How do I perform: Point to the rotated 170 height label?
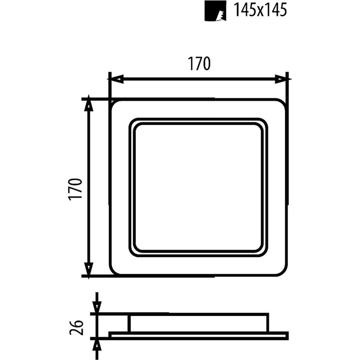[76, 189]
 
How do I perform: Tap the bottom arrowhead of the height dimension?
[89, 269]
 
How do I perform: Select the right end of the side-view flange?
[286, 335]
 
